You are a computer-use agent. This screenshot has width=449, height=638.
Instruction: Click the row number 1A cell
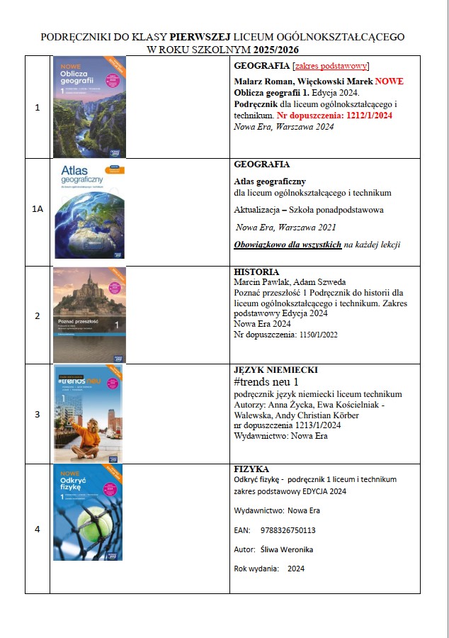click(37, 211)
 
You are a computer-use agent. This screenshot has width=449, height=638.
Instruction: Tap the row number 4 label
click(37, 528)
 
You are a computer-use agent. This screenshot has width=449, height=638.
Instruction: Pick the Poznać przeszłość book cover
click(89, 315)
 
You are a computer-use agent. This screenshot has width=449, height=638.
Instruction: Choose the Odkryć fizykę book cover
click(87, 512)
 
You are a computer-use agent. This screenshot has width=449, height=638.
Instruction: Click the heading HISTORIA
click(256, 272)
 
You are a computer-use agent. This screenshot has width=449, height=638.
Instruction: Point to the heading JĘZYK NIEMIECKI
click(275, 370)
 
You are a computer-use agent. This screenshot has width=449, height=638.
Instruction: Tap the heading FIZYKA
click(251, 469)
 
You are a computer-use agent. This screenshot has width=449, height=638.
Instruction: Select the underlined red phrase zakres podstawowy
click(331, 66)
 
